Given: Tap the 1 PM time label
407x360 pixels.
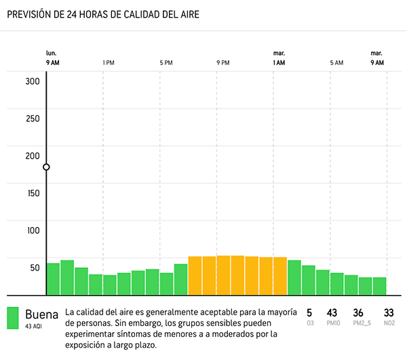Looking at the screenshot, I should click(109, 63).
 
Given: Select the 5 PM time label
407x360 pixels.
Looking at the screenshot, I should click(166, 63).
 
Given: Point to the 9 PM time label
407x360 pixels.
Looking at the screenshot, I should click(222, 63).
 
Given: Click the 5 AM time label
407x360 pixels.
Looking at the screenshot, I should click(336, 63).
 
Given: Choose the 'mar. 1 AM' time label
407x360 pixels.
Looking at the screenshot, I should click(279, 58).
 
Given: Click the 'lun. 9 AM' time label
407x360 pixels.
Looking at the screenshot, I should click(52, 58).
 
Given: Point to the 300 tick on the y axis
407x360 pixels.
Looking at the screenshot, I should click(33, 81).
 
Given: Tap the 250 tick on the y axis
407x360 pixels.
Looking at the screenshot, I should click(33, 119).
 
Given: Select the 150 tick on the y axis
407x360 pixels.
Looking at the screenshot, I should click(33, 193).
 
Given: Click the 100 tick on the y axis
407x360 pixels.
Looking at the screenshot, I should click(33, 230).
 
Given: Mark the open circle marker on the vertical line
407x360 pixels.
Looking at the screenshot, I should click(46, 167).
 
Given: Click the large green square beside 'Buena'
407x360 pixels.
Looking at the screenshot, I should click(13, 318).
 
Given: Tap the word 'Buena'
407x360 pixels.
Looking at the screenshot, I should click(42, 315).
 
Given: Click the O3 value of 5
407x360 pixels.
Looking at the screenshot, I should click(309, 313).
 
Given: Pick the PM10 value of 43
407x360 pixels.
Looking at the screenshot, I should click(332, 313).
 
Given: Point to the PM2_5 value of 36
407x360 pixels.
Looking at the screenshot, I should click(359, 313).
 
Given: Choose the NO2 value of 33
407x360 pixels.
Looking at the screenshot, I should click(389, 313).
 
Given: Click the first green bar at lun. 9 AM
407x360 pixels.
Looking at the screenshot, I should click(53, 279).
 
